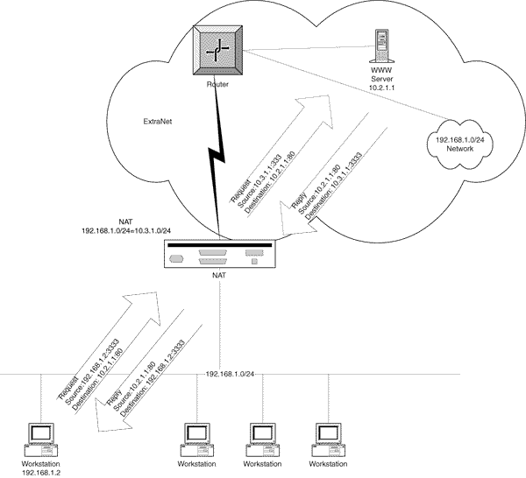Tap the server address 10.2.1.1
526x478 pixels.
pyautogui.click(x=378, y=88)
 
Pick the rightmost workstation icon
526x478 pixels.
pyautogui.click(x=327, y=439)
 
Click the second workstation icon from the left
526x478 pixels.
pyautogui.click(x=198, y=439)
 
